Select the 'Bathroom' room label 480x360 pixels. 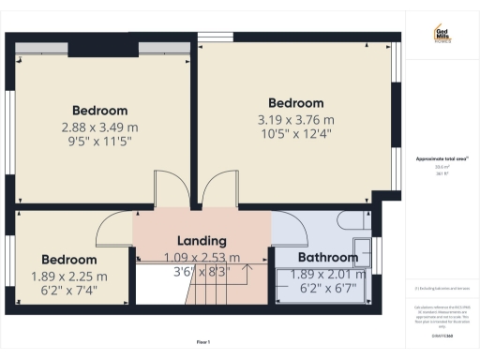(x=327, y=257)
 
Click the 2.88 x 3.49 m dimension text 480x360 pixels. (x=99, y=127)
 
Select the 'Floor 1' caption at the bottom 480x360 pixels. (x=202, y=342)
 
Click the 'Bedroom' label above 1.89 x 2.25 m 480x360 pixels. (x=68, y=259)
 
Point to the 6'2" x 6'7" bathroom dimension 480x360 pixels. (x=327, y=290)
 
